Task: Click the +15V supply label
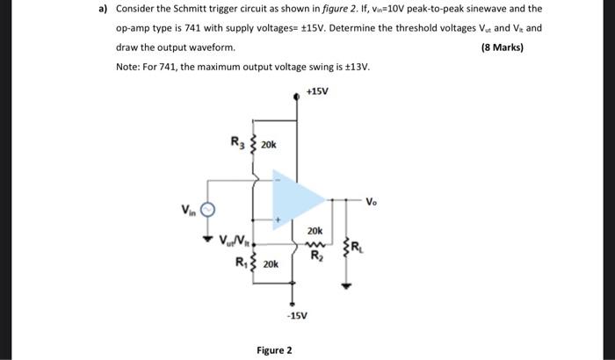click(317, 90)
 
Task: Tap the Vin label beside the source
click(188, 209)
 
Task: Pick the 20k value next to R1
click(270, 263)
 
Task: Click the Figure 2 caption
click(274, 350)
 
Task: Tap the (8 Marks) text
click(503, 47)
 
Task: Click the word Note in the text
click(128, 67)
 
